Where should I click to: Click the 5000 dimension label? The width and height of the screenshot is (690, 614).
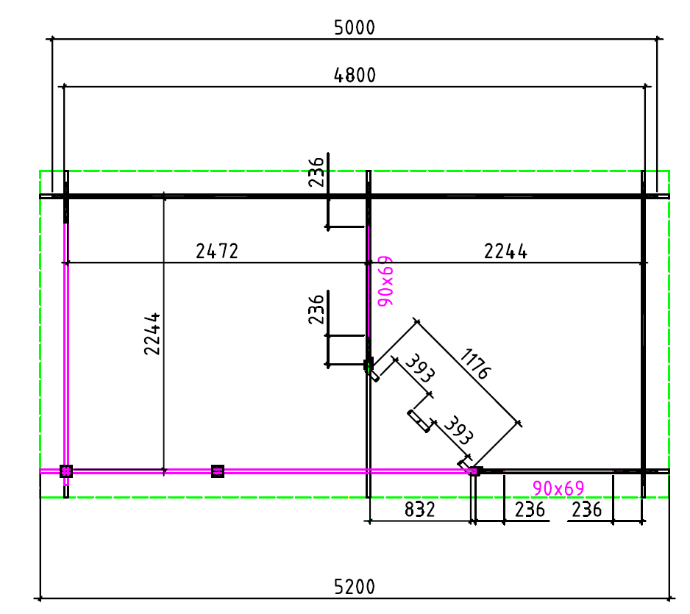pyautogui.click(x=355, y=27)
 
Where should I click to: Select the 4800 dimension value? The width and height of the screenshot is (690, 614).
pyautogui.click(x=355, y=75)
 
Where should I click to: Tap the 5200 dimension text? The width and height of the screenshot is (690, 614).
pyautogui.click(x=355, y=587)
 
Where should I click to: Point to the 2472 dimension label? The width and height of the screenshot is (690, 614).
pyautogui.click(x=217, y=251)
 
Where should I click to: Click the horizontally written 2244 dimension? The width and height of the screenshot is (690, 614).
pyautogui.click(x=505, y=251)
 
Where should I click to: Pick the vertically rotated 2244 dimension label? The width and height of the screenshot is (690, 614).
pyautogui.click(x=152, y=334)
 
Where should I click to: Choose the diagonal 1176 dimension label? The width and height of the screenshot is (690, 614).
pyautogui.click(x=475, y=363)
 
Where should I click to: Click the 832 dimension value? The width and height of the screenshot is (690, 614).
pyautogui.click(x=420, y=510)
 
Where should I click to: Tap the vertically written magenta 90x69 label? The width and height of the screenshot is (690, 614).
pyautogui.click(x=385, y=281)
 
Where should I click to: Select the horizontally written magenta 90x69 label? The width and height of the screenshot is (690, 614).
pyautogui.click(x=558, y=488)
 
